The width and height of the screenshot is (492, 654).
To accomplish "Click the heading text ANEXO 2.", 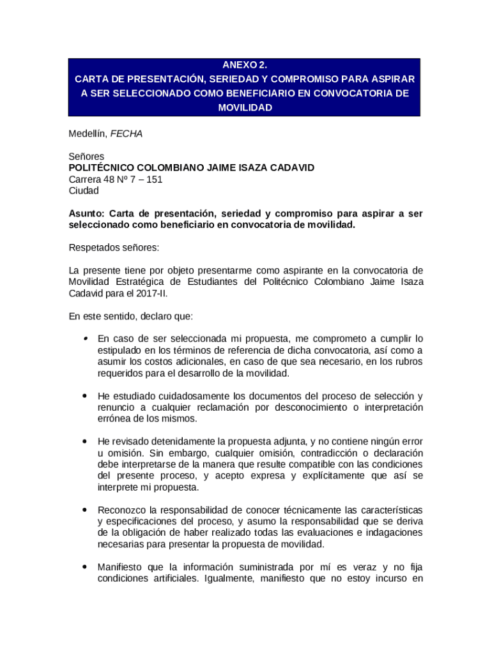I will click(x=245, y=65).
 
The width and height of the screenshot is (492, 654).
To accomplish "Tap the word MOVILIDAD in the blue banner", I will click(x=245, y=108).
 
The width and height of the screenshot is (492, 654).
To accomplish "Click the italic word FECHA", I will click(x=127, y=134).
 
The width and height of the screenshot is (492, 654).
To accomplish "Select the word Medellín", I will click(x=88, y=134).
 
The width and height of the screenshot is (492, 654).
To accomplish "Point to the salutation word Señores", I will click(x=86, y=156).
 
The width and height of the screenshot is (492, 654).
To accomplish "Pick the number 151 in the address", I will click(x=154, y=179).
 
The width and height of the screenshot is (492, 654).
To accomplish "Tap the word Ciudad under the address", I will click(x=84, y=191).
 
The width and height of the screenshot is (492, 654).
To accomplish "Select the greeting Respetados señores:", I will click(x=114, y=248).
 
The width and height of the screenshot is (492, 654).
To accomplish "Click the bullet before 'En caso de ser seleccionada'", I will click(x=84, y=338).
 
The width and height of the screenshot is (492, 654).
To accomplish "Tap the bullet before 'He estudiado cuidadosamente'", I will click(x=84, y=396).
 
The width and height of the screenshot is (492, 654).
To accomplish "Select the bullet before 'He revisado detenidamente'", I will click(x=84, y=441).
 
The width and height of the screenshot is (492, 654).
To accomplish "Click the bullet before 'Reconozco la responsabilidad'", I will click(x=84, y=510).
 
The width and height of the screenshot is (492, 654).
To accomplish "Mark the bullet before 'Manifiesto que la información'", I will click(x=84, y=567).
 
